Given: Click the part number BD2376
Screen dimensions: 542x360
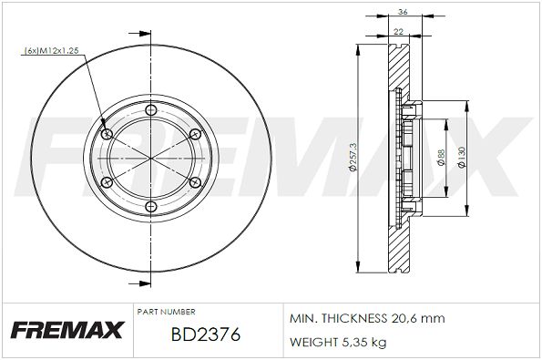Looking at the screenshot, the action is coord(205,334).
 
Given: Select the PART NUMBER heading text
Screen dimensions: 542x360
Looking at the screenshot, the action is coord(167,312).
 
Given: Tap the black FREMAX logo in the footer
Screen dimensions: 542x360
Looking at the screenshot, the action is coord(67,330).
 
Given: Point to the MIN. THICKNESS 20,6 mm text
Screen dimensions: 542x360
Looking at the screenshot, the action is coord(367,318).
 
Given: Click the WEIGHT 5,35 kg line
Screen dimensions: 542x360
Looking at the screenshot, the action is coord(338,343).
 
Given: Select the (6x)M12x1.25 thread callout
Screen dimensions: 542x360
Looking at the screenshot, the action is coord(52,50).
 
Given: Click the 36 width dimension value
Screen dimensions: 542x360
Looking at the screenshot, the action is coord(403,12).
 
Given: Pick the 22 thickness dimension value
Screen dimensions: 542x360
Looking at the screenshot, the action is coord(399,32).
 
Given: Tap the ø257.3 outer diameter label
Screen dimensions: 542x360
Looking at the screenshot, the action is coord(353,158).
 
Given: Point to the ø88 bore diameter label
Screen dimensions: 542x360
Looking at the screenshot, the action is coord(441,158).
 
